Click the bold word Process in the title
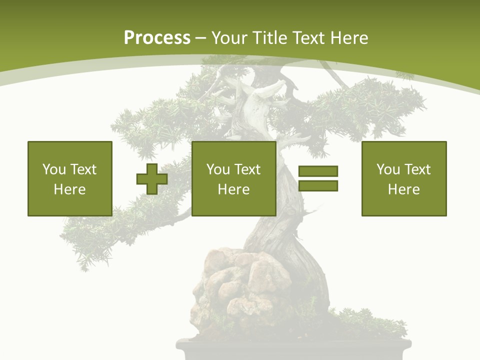tap(157, 38)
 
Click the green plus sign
tap(152, 179)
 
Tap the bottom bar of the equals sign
tap(318, 186)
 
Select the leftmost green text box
tap(70, 178)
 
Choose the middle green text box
tap(234, 178)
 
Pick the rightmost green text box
tap(404, 178)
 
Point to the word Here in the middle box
tap(234, 189)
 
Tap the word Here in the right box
tap(404, 189)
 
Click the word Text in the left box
tap(83, 169)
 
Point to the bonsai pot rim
tap(294, 344)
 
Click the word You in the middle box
tap(218, 169)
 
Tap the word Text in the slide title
tap(307, 38)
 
